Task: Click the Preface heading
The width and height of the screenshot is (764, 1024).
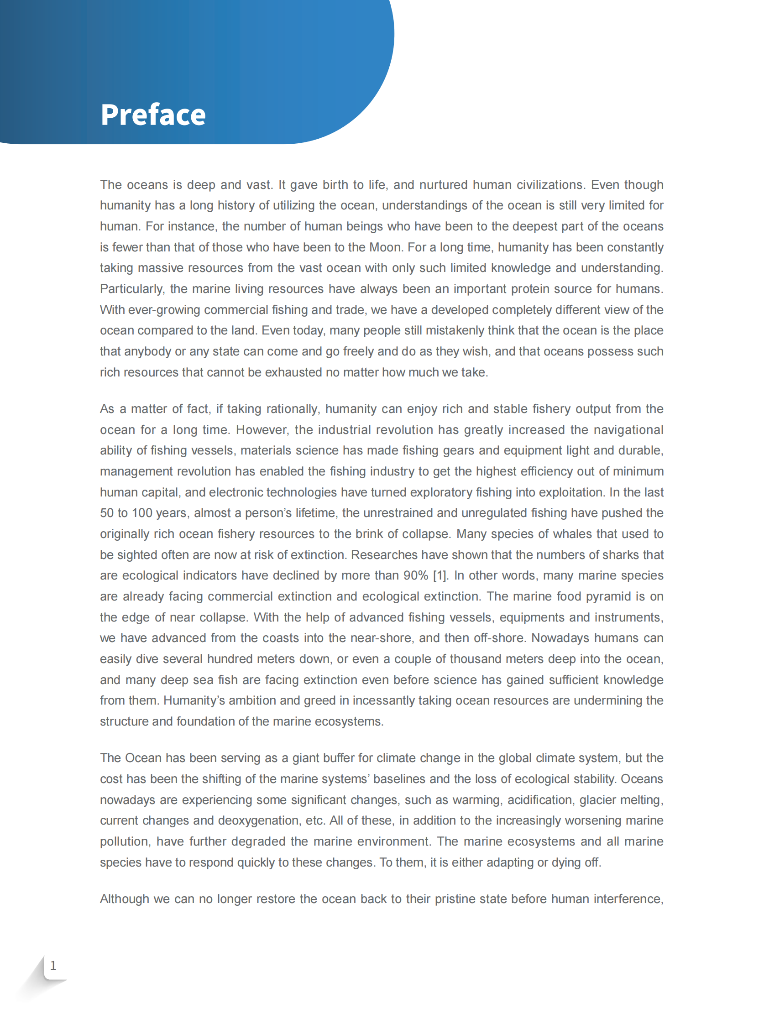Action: (x=153, y=115)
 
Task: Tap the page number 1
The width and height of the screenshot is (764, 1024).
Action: (x=53, y=966)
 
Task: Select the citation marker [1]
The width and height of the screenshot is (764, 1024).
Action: (x=440, y=575)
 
